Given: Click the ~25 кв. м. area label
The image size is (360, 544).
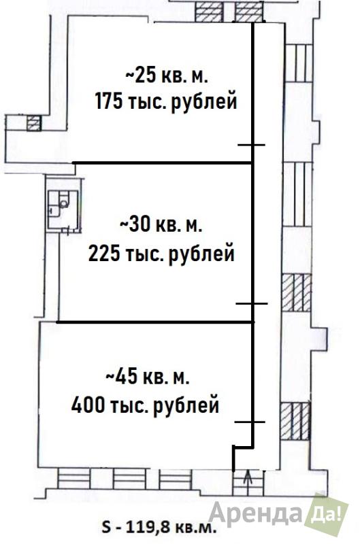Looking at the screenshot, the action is (x=167, y=75).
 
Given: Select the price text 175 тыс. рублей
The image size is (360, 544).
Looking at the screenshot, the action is (x=166, y=101).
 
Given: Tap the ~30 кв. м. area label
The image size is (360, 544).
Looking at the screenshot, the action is (x=161, y=226).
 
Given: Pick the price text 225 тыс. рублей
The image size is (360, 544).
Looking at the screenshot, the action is (x=161, y=254).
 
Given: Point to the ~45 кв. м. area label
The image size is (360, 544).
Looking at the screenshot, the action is (x=147, y=377).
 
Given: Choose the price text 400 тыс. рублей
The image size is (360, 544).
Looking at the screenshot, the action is (x=145, y=405).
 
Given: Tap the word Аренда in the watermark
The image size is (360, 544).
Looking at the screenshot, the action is (x=255, y=513).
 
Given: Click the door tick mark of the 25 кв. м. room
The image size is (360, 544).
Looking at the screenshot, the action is (x=251, y=145).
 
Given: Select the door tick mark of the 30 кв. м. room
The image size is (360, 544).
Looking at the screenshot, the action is (x=252, y=303).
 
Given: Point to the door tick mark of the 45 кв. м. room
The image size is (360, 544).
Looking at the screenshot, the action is (x=250, y=422).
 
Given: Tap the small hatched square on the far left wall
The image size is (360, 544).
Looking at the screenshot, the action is (x=33, y=123).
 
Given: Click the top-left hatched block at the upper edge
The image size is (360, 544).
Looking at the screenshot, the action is (x=208, y=12).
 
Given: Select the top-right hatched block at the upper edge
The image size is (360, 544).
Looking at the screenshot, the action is (x=248, y=12).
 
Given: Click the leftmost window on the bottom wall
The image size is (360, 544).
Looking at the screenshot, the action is (x=74, y=479).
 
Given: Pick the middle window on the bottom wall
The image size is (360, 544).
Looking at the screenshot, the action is (x=129, y=479).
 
